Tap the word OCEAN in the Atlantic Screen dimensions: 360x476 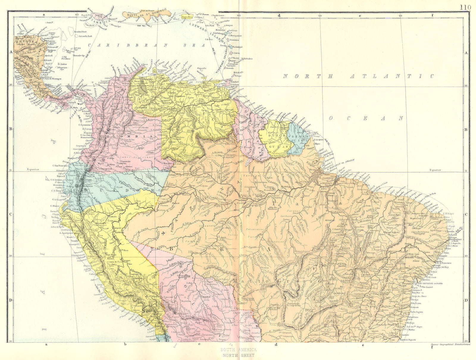[366, 118]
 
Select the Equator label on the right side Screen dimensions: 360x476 [435, 170]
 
